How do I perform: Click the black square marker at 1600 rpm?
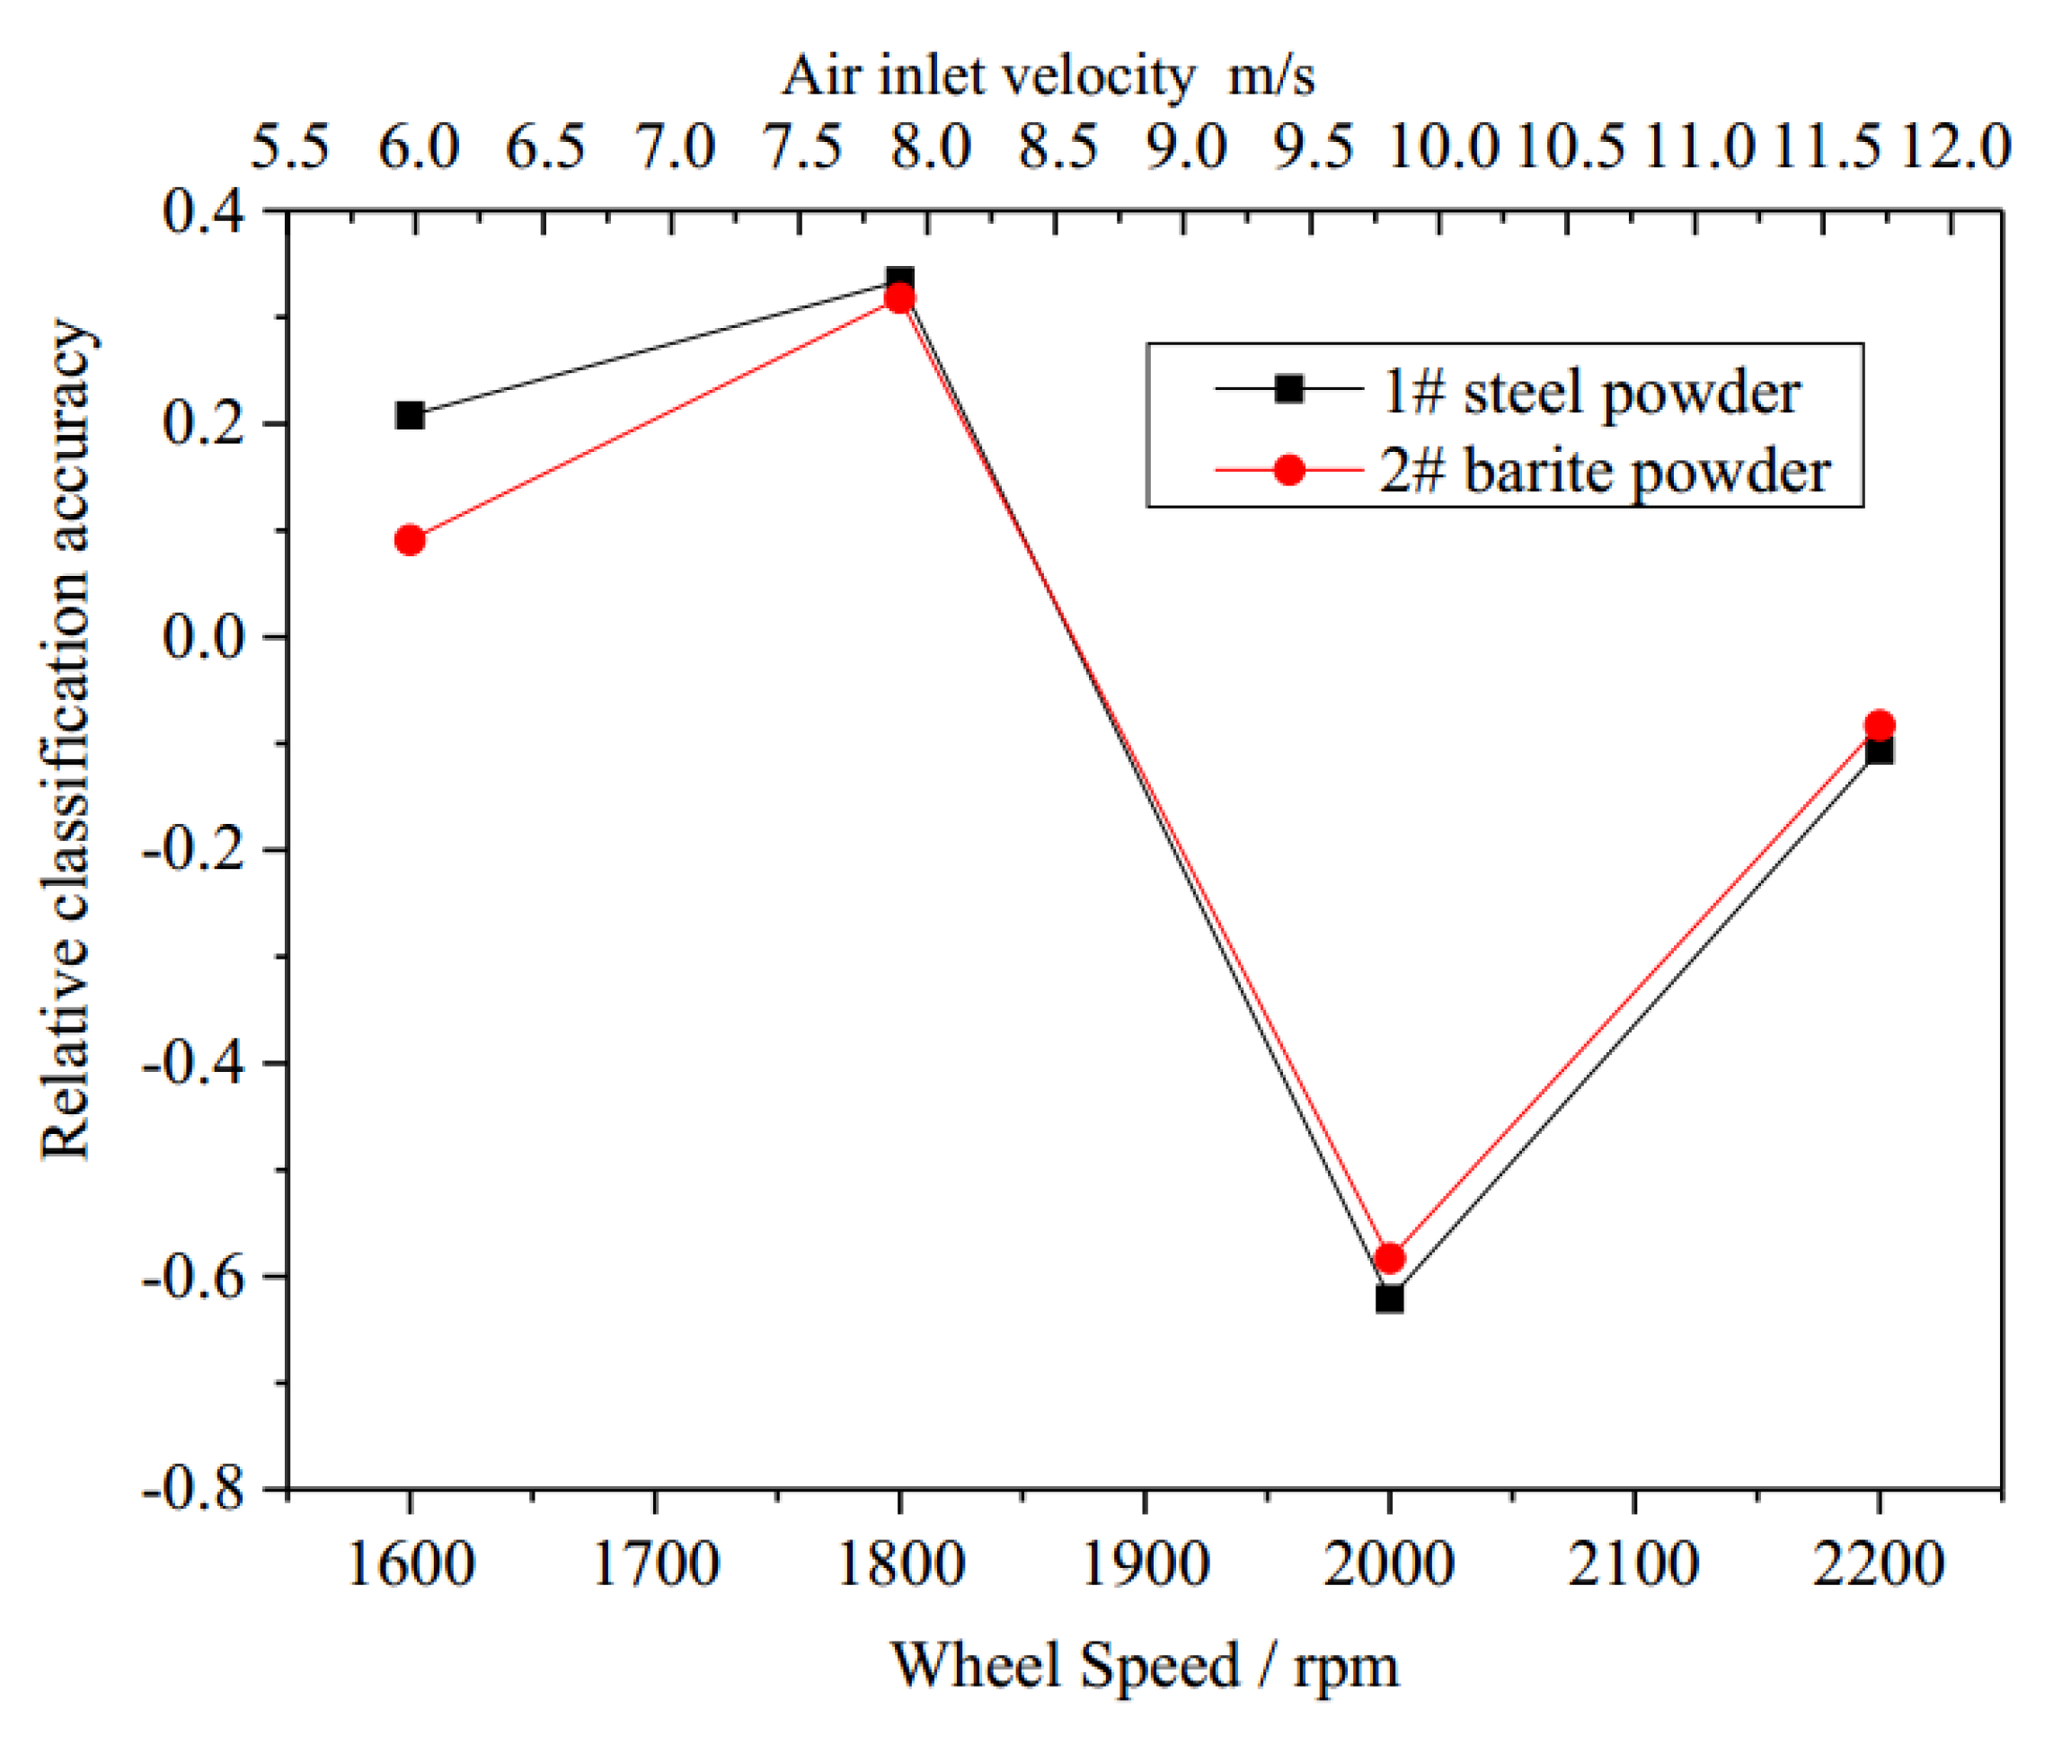(410, 414)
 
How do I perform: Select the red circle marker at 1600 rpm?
(410, 540)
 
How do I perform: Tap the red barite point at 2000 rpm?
(1389, 1258)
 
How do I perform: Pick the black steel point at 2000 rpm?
(1389, 1298)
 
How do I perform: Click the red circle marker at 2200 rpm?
(1879, 725)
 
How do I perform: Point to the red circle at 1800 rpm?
(899, 298)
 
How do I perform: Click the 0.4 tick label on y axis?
(203, 210)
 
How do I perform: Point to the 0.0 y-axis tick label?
(203, 636)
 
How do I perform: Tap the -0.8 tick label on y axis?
(193, 1488)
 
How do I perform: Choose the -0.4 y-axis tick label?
(193, 1062)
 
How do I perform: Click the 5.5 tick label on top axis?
(288, 147)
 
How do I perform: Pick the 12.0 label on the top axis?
(1956, 147)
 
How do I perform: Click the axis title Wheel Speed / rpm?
(1144, 1667)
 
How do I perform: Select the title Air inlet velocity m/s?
(1049, 75)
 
